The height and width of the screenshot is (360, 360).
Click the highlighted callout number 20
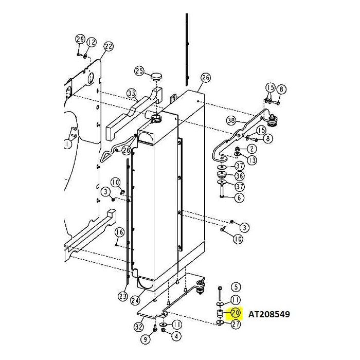(x=236, y=313)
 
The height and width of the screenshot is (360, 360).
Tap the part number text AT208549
(x=269, y=313)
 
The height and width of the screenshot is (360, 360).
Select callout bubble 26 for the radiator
(x=205, y=78)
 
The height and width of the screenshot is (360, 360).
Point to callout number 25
(x=139, y=70)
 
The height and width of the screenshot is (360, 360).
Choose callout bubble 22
(x=107, y=46)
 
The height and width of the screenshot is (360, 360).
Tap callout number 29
(x=80, y=40)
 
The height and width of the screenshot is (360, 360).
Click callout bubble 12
(x=92, y=42)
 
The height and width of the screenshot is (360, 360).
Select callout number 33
(x=132, y=93)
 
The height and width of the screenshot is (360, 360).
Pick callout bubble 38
(x=231, y=120)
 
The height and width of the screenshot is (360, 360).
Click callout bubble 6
(x=240, y=197)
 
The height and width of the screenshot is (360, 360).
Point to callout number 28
(x=126, y=150)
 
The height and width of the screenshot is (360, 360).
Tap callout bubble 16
(x=119, y=232)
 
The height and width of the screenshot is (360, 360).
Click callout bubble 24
(x=135, y=300)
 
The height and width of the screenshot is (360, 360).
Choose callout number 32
(x=138, y=327)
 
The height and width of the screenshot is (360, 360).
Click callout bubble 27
(x=236, y=324)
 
